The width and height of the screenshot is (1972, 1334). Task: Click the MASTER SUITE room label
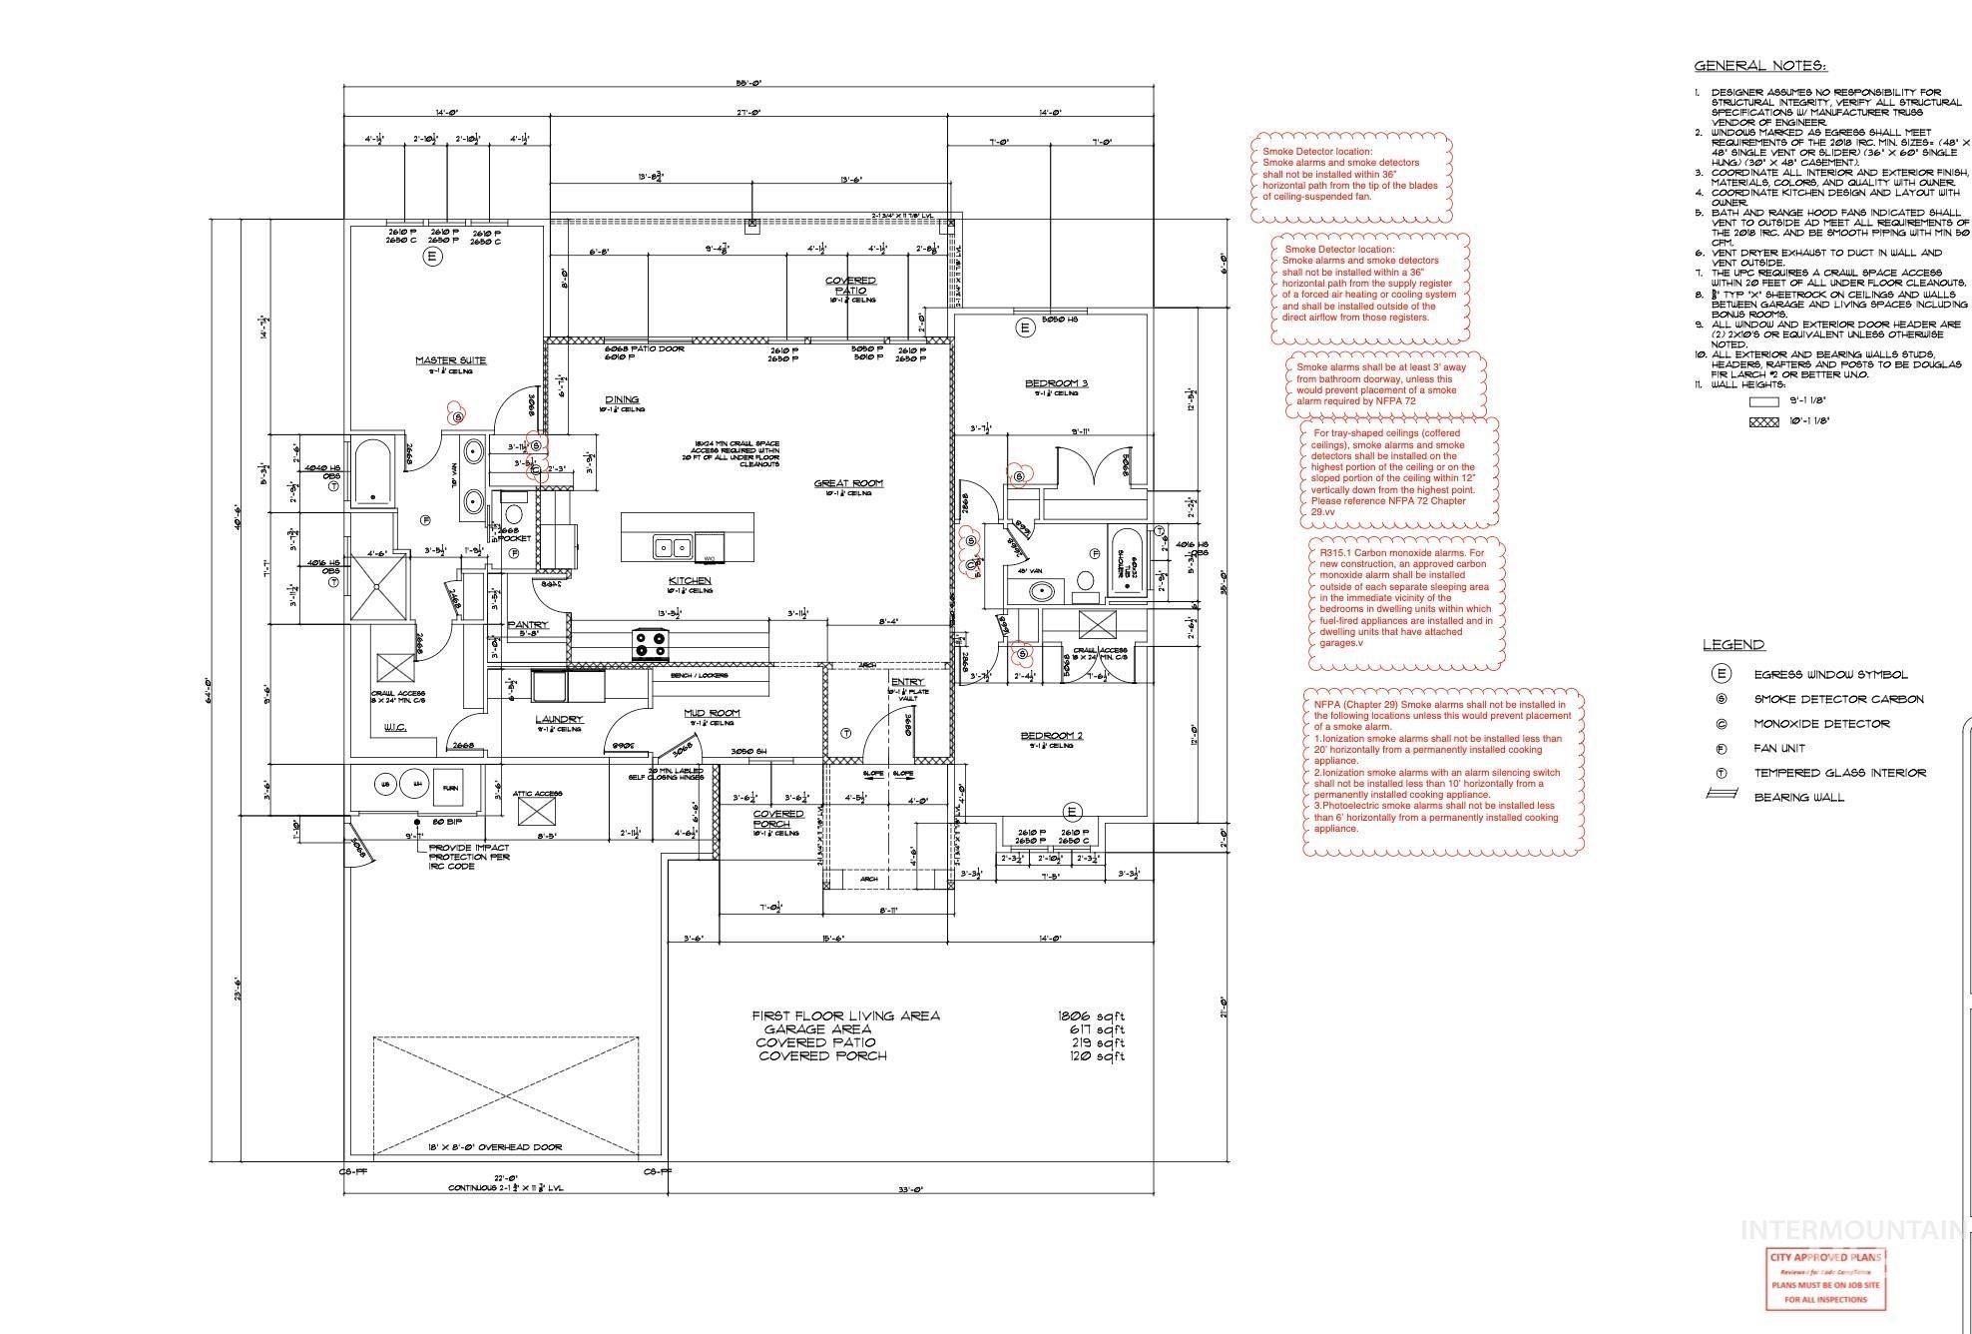tap(451, 360)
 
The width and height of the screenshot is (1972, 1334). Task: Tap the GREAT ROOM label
tap(848, 483)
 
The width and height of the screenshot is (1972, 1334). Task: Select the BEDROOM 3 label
tap(1056, 383)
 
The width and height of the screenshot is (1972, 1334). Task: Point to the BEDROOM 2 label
tap(1051, 736)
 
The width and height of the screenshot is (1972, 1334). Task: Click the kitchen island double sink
tap(672, 546)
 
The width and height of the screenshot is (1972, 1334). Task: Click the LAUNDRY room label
tap(558, 719)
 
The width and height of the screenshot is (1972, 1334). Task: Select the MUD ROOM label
tap(712, 713)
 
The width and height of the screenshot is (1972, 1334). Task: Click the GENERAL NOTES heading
tap(1760, 66)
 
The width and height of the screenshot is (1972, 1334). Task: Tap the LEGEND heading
tap(1733, 645)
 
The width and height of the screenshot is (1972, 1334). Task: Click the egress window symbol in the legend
tap(1721, 675)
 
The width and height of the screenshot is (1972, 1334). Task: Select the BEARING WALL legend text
tap(1799, 797)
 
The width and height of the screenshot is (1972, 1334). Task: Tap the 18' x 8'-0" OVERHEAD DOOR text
tap(481, 1147)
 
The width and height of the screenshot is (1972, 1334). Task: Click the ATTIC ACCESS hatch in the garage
tap(538, 810)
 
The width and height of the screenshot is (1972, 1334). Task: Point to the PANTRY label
tap(527, 625)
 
